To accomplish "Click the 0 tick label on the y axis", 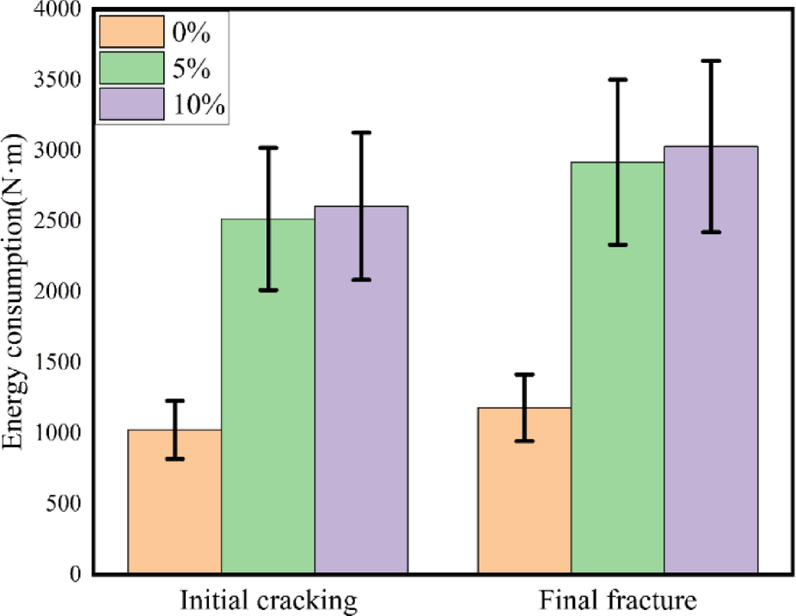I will (78, 573).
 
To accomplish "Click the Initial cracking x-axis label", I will (267, 601).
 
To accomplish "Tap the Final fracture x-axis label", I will (617, 601).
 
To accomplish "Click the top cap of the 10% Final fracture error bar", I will (711, 61).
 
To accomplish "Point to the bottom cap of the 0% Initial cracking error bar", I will (175, 459).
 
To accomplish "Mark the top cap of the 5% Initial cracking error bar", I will (268, 148).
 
